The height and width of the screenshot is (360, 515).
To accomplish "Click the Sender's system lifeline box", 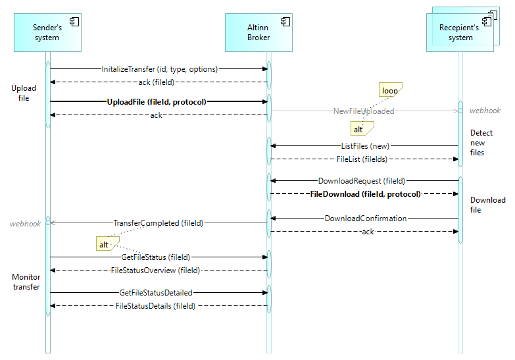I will pos(47,33).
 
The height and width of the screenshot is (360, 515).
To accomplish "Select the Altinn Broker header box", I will pos(258,33).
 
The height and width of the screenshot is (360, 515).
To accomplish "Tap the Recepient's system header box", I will pos(460,33).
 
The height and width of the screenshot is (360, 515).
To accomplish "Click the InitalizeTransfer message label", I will pos(160,68).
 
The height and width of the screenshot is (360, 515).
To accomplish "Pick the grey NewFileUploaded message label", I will pos(363,111).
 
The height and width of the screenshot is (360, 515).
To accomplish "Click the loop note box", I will pos(390,91).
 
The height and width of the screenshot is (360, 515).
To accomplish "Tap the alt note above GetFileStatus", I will pos(104,244).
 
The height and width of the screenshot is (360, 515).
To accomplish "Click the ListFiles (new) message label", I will pos(364,145).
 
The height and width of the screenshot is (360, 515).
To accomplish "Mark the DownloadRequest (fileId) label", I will pos(362,180).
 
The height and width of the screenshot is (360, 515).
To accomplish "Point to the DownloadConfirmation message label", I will pos(366,219).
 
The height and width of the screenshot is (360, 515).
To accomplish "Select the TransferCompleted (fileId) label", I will pos(159,223).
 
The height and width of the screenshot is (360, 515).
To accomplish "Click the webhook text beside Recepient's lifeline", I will pos(485,111).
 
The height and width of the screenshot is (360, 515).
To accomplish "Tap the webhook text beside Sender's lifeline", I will pos(26,224).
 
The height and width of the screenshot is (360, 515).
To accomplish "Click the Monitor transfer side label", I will pos(26,282).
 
